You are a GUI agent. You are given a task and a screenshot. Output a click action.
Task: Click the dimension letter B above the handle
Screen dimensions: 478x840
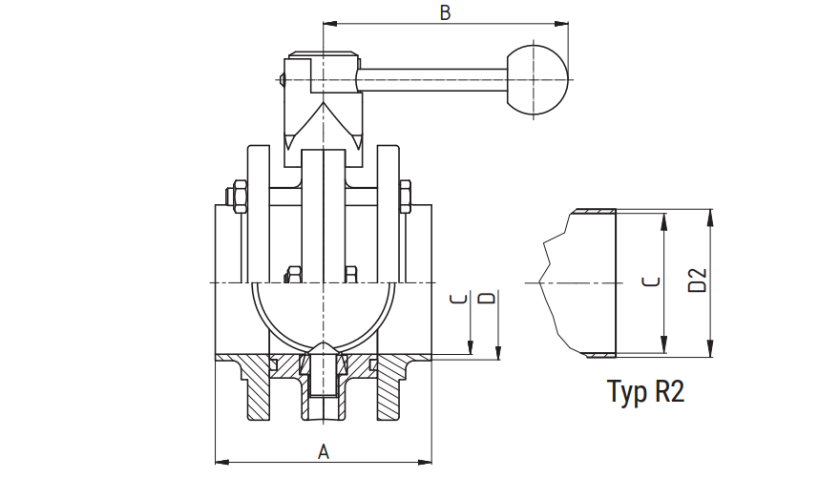(x=444, y=12)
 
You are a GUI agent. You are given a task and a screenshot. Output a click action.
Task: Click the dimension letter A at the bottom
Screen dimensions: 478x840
(x=323, y=451)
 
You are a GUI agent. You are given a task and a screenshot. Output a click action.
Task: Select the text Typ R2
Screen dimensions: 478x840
(x=646, y=391)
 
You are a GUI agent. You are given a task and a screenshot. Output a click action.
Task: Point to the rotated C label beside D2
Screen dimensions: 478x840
(x=650, y=282)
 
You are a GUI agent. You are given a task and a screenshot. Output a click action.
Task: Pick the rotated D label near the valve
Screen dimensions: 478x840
(x=487, y=299)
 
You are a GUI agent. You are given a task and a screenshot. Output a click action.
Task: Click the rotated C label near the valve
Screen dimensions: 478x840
(x=459, y=299)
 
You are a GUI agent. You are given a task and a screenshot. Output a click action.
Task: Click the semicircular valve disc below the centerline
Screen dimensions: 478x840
(x=324, y=315)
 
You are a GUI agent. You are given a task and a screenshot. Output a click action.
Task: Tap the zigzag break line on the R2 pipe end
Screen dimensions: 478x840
(x=546, y=277)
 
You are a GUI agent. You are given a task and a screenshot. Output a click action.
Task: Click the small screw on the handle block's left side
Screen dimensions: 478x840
(x=283, y=79)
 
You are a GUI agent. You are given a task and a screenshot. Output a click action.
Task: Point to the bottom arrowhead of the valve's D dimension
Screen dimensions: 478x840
(x=498, y=355)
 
